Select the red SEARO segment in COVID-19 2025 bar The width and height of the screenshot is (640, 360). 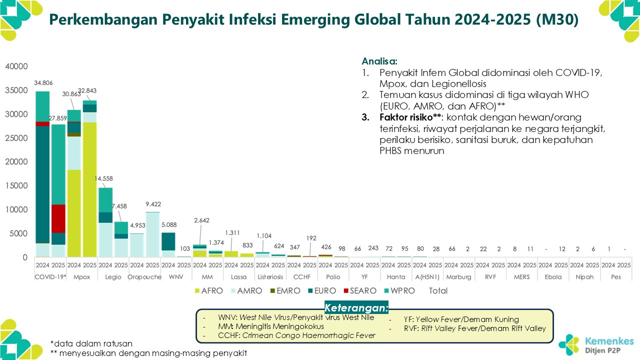pyautogui.click(x=58, y=218)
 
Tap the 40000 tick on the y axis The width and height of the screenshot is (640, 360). pyautogui.click(x=16, y=66)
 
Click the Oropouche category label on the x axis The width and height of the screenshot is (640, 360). pyautogui.click(x=144, y=276)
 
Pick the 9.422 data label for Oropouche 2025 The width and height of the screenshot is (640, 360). pyautogui.click(x=152, y=204)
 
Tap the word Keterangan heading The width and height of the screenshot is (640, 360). pyautogui.click(x=356, y=307)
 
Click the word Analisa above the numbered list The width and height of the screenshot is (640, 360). pyautogui.click(x=379, y=61)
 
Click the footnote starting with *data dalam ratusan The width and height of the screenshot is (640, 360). pyautogui.click(x=91, y=343)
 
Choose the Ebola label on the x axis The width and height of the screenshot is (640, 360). pyautogui.click(x=553, y=276)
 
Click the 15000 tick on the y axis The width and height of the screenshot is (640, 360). pyautogui.click(x=16, y=186)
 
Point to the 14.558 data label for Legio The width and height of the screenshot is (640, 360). pyautogui.click(x=114, y=178)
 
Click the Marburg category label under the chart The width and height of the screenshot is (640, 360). pyautogui.click(x=458, y=276)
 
